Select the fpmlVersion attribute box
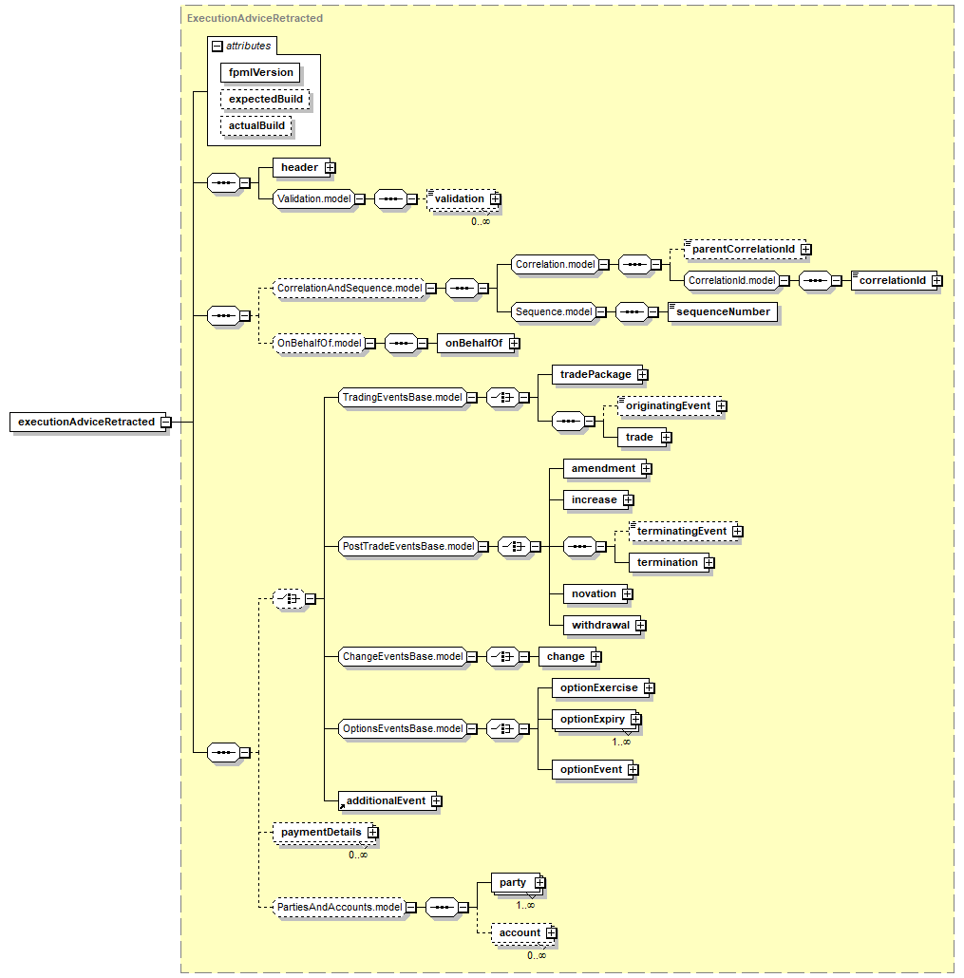pos(260,72)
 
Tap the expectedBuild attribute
pos(265,99)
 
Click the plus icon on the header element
pos(331,168)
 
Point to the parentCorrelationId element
pos(745,250)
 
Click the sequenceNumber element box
pos(723,311)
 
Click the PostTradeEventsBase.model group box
pos(408,546)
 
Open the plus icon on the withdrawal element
pos(641,626)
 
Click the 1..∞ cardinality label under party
pos(525,905)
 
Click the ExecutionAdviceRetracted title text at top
pos(255,19)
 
